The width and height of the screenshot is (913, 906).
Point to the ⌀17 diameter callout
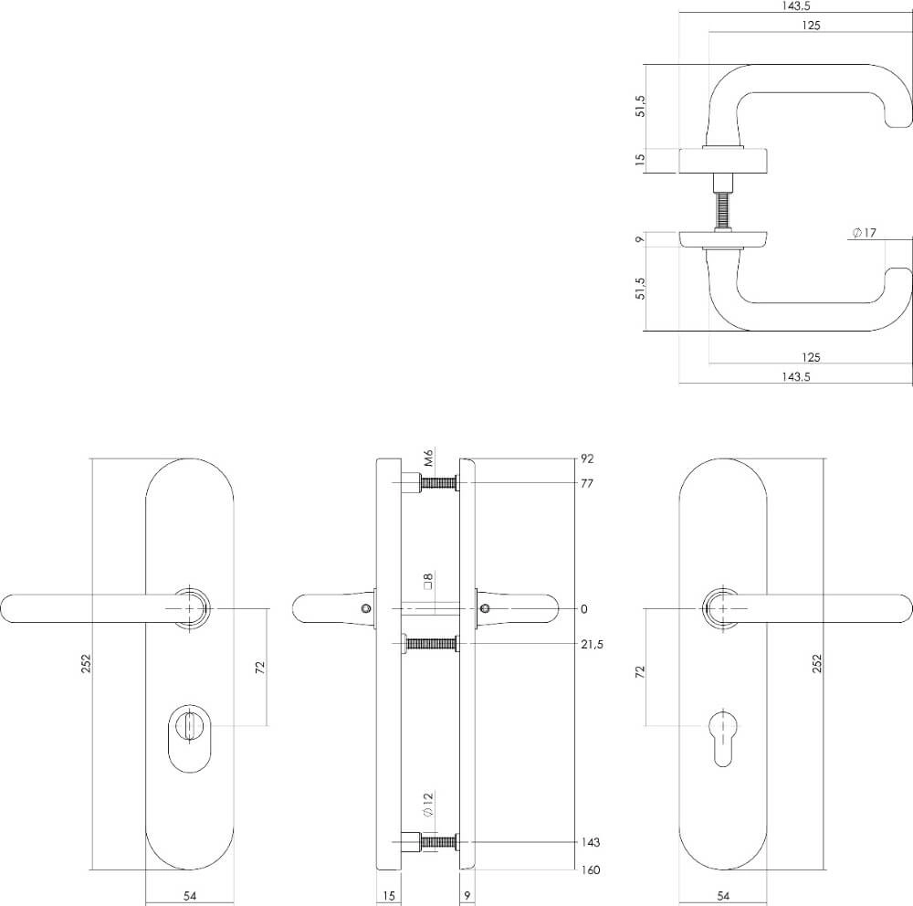pos(863,234)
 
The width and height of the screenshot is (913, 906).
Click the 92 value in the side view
pos(587,459)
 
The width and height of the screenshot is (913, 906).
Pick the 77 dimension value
pos(587,483)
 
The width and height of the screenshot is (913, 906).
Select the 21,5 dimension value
pos(592,645)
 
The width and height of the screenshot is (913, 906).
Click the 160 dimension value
pos(590,869)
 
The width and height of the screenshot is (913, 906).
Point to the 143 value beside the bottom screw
pos(590,842)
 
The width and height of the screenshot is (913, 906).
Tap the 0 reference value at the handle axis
pos(584,609)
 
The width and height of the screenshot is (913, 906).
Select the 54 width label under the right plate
pos(723,896)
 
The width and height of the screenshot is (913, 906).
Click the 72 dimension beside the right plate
pos(640,671)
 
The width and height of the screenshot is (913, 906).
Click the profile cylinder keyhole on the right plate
pos(723,733)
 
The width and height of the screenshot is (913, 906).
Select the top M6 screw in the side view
pos(436,483)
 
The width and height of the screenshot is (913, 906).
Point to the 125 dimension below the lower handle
pos(810,356)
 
